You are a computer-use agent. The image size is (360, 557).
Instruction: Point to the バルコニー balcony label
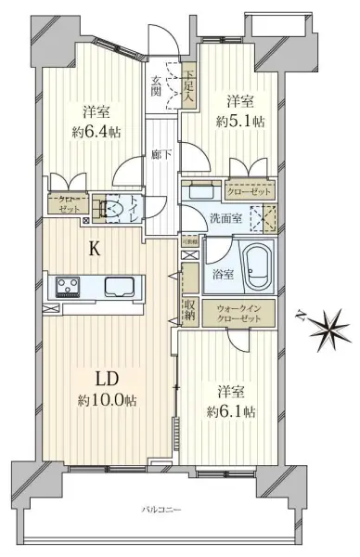pyautogui.click(x=161, y=510)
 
